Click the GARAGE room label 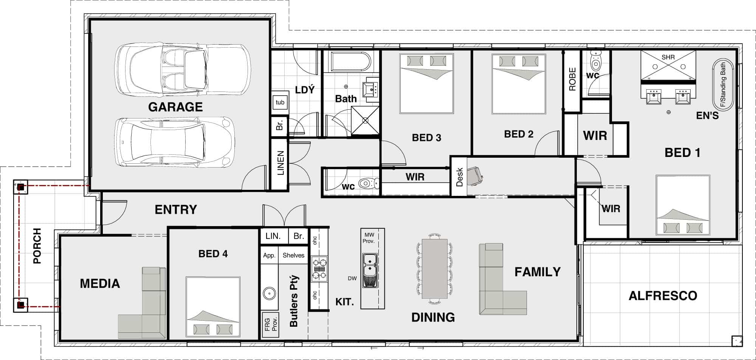point(175,107)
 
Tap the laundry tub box point(280,102)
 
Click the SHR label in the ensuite point(668,57)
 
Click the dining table point(435,268)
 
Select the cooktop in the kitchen point(319,269)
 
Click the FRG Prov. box point(271,325)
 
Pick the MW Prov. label point(369,238)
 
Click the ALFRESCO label point(663,296)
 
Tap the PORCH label point(37,246)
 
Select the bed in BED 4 point(213,307)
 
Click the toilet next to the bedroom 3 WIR point(369,184)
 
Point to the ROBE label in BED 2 point(572,79)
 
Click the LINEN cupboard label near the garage point(280,163)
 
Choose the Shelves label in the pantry point(293,255)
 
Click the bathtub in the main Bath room point(351,61)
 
